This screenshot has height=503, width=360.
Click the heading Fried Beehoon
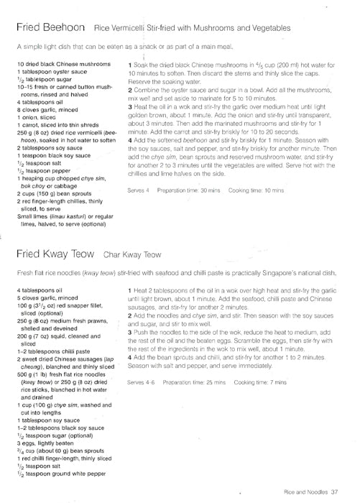point(47,27)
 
